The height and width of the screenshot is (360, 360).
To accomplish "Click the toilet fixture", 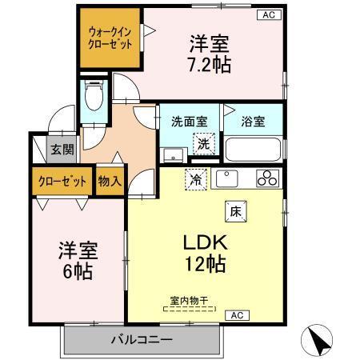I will pos(94,97).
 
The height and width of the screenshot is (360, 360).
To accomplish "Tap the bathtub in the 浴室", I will pos(253,149).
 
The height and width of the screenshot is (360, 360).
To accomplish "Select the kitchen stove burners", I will pos(266,178).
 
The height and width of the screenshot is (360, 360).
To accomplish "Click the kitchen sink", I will pos(228,178).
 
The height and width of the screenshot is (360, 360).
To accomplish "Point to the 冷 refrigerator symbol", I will pos(194,180).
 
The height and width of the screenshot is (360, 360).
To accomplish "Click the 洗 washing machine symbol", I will pos(205,145).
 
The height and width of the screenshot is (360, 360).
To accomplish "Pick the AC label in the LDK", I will pos(237,315).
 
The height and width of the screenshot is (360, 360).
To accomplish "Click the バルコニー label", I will pos(141,340).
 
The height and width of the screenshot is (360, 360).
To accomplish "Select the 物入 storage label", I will pos(110,180).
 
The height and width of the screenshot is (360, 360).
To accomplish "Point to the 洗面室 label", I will pos(190,122).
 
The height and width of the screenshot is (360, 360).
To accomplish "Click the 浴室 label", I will pos(253,122).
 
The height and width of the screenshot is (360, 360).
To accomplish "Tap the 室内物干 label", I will pos(189,300).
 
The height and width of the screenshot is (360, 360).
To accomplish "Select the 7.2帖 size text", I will pos(210,65).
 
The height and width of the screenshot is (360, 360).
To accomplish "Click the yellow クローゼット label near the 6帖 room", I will pos(62,181).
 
